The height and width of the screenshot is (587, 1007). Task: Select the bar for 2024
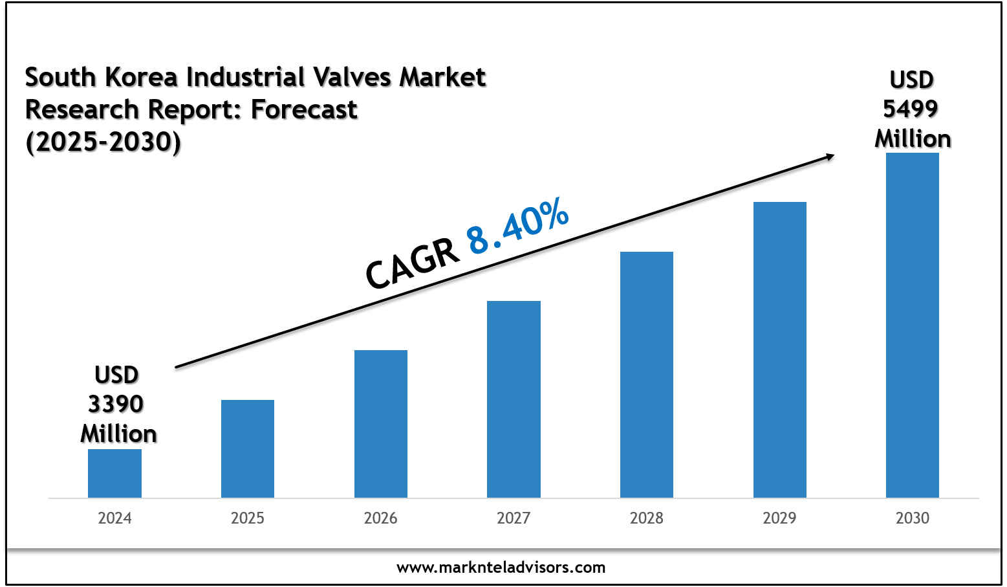click(114, 473)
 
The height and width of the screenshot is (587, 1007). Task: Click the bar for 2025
click(248, 449)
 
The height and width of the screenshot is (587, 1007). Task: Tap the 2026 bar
click(381, 424)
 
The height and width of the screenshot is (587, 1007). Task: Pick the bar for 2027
click(514, 399)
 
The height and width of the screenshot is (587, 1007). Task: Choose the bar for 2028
click(647, 375)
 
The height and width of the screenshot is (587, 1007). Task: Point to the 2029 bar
click(780, 349)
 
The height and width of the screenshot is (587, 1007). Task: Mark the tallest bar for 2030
click(913, 325)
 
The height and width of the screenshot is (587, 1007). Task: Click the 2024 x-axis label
click(114, 518)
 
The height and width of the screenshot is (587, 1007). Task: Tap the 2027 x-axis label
click(514, 518)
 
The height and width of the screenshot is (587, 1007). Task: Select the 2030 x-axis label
click(913, 518)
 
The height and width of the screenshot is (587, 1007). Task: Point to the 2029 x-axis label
click(780, 518)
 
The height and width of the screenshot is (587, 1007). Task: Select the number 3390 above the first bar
click(116, 404)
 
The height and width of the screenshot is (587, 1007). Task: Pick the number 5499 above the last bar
click(911, 109)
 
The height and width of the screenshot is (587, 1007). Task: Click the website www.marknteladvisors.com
click(501, 568)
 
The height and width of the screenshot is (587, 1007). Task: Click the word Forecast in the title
click(304, 110)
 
